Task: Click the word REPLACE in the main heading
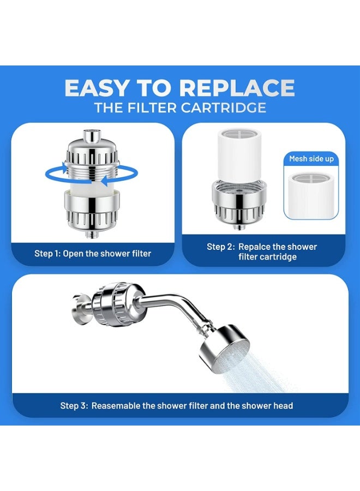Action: click(237, 88)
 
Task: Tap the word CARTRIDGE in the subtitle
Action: click(224, 107)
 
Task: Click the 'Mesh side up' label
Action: click(311, 159)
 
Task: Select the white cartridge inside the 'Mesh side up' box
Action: click(311, 194)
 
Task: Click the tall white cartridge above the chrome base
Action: click(239, 155)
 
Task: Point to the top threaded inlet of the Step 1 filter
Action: click(91, 136)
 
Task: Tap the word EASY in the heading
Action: click(97, 88)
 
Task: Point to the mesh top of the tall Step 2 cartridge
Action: click(239, 134)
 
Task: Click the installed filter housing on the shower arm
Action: click(116, 304)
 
